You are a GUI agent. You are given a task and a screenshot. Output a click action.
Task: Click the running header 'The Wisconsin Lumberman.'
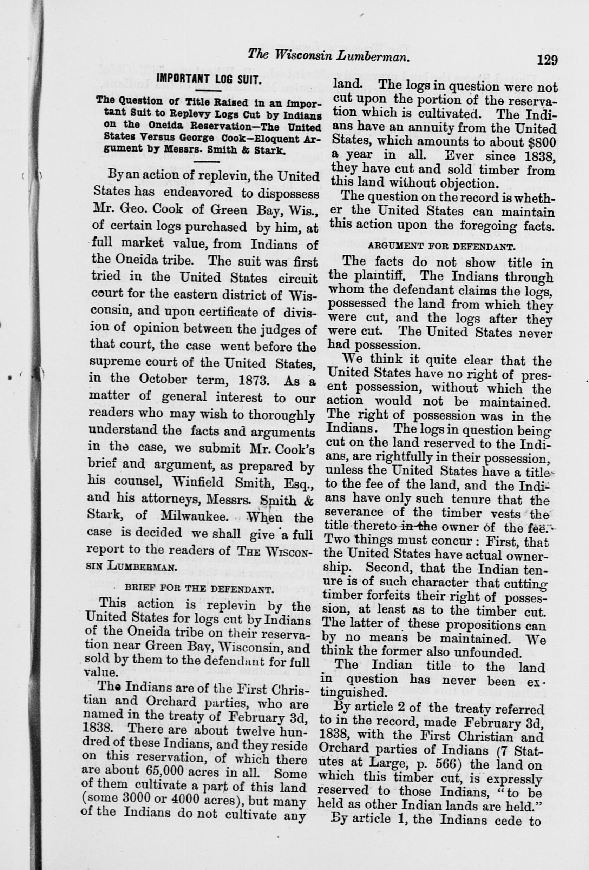click(x=327, y=57)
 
